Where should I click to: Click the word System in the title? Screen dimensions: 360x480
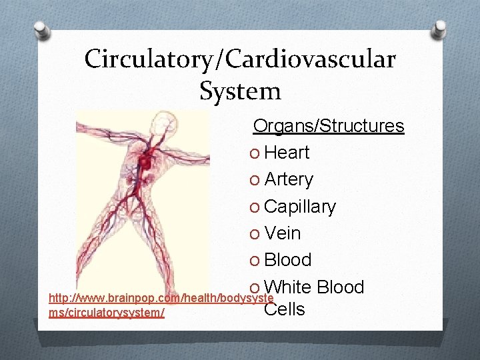coord(240,90)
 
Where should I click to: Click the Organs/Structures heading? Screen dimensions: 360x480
coord(329,126)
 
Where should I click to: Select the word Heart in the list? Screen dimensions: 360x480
coord(287,153)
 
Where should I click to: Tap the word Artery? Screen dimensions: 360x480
coord(289,180)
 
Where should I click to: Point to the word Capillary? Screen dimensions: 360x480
coord(300,207)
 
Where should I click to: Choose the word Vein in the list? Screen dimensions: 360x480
coord(283,234)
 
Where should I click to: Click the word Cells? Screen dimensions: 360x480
coord(285,309)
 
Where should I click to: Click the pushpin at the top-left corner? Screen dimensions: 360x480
coord(39,29)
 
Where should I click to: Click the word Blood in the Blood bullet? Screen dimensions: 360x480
coord(288,260)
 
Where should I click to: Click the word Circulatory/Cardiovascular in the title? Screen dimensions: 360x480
coord(240,59)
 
